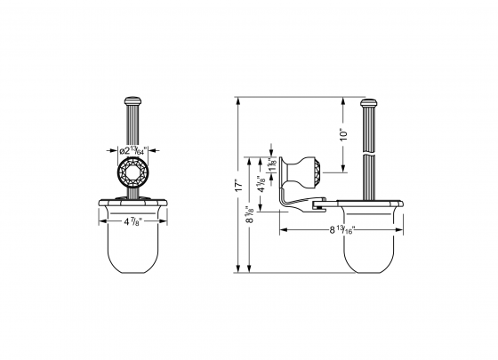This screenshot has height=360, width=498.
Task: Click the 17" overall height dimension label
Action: point(239,186)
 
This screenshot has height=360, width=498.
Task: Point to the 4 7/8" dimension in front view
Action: point(133,220)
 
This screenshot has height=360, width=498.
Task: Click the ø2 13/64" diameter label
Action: point(133,151)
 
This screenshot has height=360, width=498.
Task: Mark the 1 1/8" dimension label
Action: point(272,166)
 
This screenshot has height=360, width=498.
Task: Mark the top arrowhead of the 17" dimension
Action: point(239,99)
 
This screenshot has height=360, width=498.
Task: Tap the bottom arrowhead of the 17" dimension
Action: point(239,272)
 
